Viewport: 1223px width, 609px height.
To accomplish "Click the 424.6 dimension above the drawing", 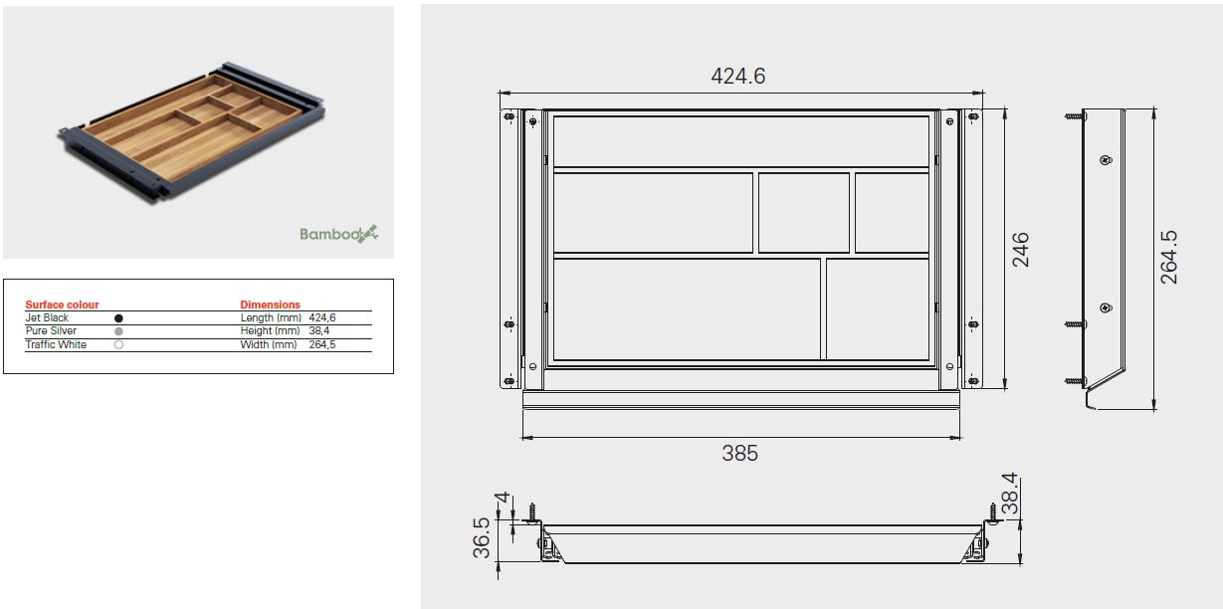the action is click(738, 76).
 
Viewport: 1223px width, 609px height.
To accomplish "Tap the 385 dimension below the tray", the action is click(739, 454).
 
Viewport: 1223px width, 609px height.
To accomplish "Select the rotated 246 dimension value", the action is click(1020, 250).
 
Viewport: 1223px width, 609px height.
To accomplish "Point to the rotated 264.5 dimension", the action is click(1169, 258).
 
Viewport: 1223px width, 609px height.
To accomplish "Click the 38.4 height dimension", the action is click(1011, 494).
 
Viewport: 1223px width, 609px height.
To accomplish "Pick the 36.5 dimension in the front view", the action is click(482, 538).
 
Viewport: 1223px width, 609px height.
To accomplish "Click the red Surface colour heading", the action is click(62, 304).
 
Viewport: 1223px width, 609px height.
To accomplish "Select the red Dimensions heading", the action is click(271, 304).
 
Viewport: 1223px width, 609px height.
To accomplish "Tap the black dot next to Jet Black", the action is click(118, 317).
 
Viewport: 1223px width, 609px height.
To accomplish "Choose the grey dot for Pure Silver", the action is click(118, 331).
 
